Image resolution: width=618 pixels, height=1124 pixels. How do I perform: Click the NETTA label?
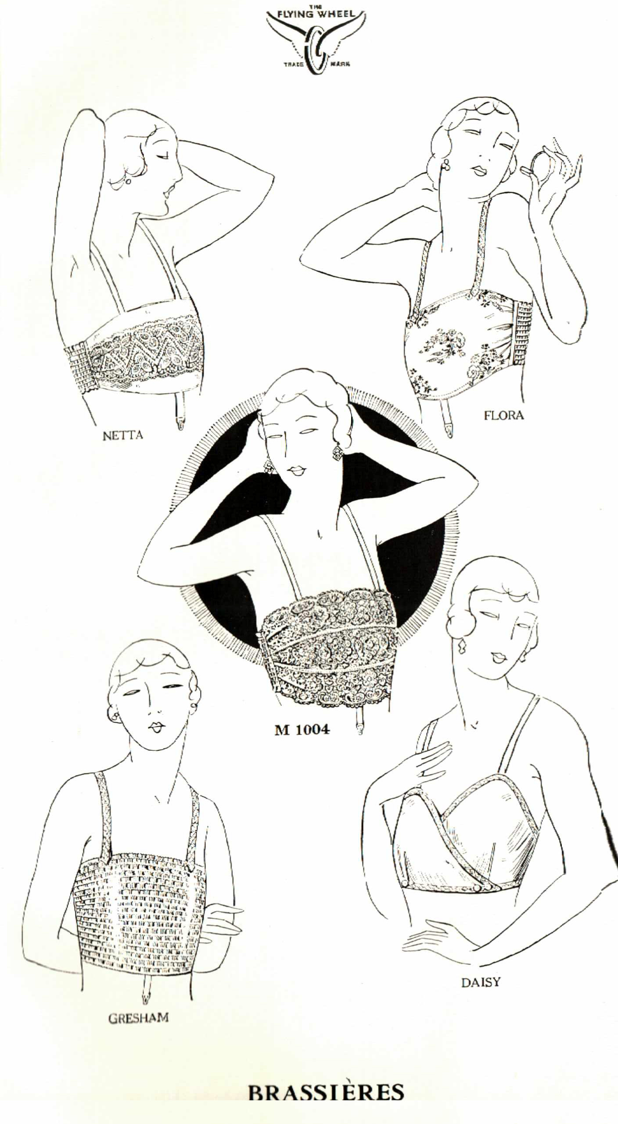(x=123, y=435)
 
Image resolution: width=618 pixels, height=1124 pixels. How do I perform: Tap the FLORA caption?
(x=504, y=415)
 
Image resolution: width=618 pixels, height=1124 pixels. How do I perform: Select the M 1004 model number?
(x=302, y=729)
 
